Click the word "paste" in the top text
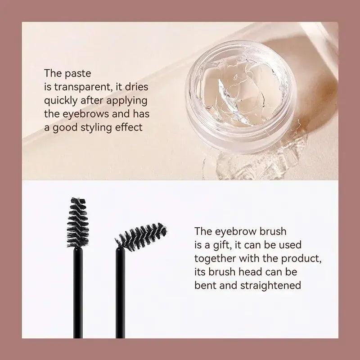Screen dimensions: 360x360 pyautogui.click(x=68, y=72)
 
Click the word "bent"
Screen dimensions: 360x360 pyautogui.click(x=205, y=285)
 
